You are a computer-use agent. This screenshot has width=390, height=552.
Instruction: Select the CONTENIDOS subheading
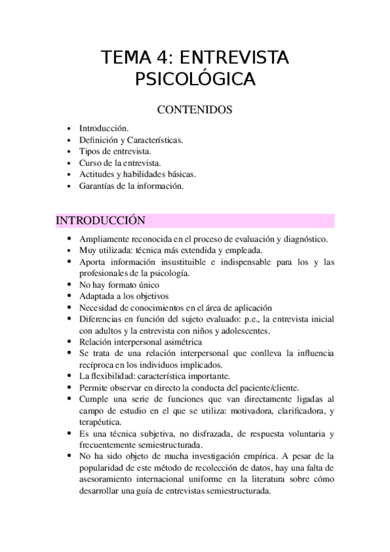195,111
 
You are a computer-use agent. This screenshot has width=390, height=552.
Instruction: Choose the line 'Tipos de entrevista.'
115,151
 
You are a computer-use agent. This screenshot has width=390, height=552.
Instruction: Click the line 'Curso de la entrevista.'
120,163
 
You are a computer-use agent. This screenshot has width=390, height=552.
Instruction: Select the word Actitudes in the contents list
97,174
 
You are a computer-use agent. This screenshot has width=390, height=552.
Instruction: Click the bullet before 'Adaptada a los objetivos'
70,296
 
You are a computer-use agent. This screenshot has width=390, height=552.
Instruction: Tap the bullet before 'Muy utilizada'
70,250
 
